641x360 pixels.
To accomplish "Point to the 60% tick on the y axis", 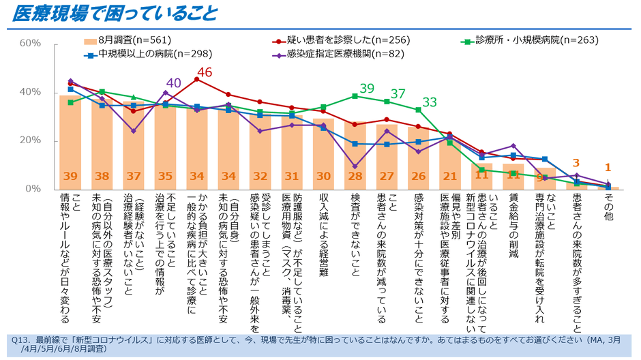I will click(x=30, y=43).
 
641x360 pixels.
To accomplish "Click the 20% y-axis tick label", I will click(x=30, y=141).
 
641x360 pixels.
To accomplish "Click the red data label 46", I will click(x=205, y=72).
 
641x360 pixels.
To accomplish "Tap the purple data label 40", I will click(x=173, y=83).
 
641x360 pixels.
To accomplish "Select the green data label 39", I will click(x=368, y=88).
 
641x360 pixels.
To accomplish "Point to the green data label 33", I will click(x=430, y=102).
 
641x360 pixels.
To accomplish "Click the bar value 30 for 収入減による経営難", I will click(x=323, y=176).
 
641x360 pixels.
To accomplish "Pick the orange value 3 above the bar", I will click(x=576, y=163).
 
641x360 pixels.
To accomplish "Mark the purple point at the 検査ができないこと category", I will click(x=355, y=166).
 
